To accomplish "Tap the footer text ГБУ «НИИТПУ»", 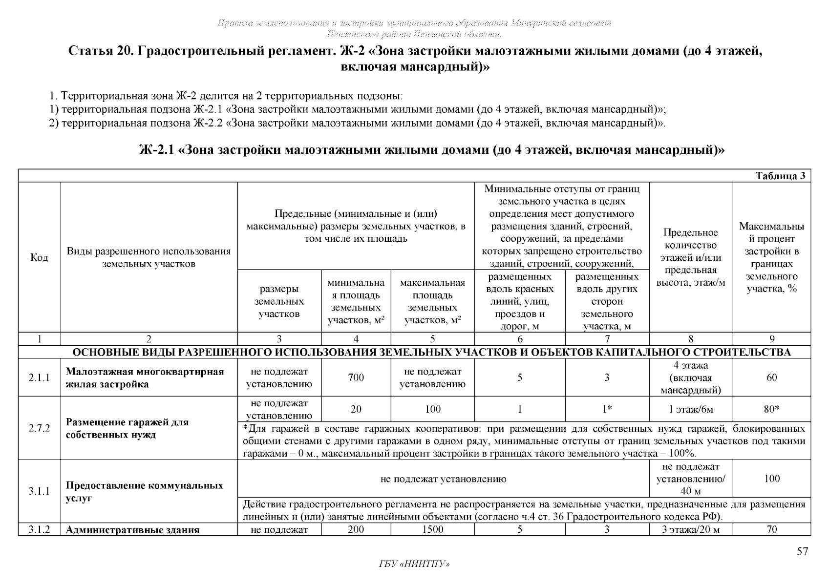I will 414,564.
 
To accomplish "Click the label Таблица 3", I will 780,176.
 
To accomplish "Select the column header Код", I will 39,258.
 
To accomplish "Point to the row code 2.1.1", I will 39,377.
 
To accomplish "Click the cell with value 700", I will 356,377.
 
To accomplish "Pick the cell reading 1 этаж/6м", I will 691,409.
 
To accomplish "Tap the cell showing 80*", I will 771,409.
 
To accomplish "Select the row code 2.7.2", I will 39,428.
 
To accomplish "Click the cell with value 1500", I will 432,529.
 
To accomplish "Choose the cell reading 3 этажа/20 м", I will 691,529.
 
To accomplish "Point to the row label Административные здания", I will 132,530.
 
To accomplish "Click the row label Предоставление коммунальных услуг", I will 144,492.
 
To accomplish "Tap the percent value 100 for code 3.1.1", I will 771,479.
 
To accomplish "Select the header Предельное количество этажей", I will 691,258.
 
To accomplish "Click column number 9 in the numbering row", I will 771,339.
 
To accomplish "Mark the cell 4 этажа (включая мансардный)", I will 691,377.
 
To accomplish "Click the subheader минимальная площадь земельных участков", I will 356,301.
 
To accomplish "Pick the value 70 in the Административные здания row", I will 771,529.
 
